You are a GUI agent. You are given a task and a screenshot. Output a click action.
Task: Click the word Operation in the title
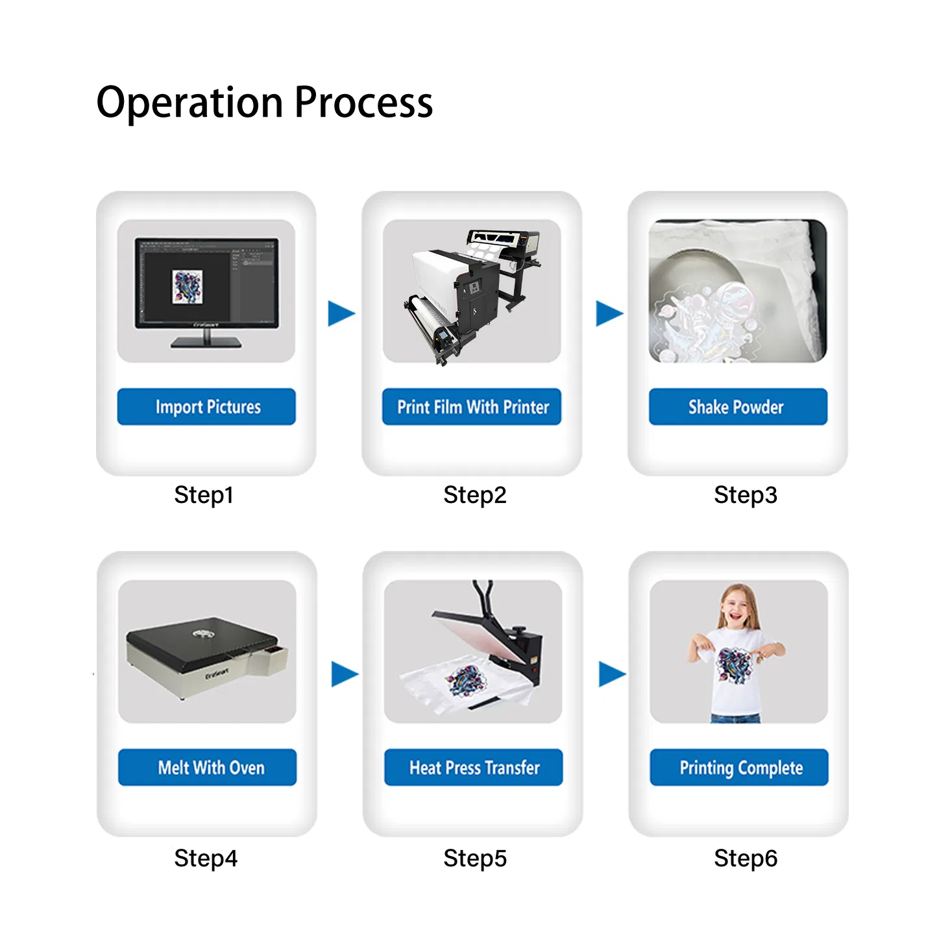[190, 103]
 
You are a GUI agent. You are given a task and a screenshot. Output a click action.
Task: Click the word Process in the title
[363, 103]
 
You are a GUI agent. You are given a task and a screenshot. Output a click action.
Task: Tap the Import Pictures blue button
[206, 407]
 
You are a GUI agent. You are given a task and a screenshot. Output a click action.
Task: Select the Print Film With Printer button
[472, 407]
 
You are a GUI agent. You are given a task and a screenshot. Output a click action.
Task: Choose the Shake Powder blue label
[738, 407]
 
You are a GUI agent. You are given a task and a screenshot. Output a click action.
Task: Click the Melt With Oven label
[208, 768]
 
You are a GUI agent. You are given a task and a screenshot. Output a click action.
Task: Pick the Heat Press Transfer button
[474, 768]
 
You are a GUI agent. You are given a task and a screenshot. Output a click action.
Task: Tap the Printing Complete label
[739, 768]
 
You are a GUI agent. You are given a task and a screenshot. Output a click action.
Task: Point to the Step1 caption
[203, 495]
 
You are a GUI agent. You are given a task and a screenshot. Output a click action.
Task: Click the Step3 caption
[745, 495]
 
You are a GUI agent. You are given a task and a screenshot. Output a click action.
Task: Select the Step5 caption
[474, 859]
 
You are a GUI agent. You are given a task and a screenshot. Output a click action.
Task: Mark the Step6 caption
[745, 859]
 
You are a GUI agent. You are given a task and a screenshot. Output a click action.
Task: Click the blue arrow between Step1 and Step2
[341, 313]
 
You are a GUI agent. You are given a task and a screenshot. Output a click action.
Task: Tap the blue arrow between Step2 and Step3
[609, 313]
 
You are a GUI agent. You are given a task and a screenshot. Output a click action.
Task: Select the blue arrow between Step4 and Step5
[344, 674]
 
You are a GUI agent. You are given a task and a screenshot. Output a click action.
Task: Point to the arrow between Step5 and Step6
[611, 674]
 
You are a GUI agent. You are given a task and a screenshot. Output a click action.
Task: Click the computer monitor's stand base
[206, 343]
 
